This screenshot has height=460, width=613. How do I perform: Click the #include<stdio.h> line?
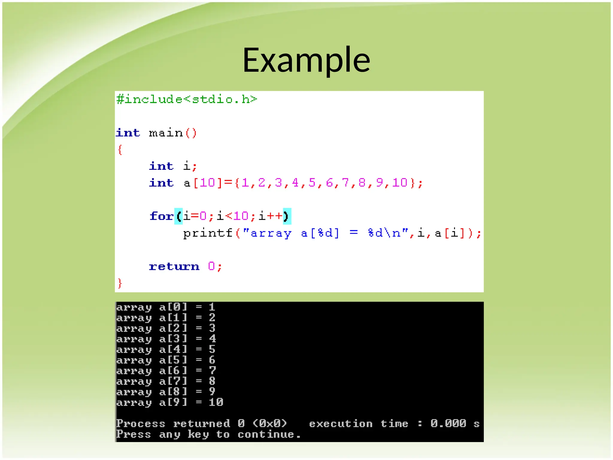tap(186, 99)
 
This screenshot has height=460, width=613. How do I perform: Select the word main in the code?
tap(166, 133)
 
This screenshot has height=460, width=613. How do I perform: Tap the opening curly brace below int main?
tap(120, 149)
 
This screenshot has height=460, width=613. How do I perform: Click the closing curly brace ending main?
tap(120, 283)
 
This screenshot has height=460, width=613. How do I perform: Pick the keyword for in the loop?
tap(161, 216)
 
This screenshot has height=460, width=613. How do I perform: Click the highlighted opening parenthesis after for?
tap(179, 216)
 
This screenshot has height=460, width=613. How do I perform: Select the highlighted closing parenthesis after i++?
tap(286, 216)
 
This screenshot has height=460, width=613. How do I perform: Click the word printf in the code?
tap(208, 233)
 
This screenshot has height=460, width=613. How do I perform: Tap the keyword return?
tap(174, 266)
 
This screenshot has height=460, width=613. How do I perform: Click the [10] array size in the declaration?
tap(207, 183)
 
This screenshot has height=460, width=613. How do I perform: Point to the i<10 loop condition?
tap(233, 216)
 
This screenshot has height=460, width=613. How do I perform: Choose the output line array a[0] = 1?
tap(166, 307)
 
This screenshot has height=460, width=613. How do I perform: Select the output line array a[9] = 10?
tap(170, 402)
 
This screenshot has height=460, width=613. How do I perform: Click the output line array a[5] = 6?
tap(166, 360)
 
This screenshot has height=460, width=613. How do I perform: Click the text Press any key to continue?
tap(208, 434)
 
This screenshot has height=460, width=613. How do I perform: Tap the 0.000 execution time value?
tap(448, 423)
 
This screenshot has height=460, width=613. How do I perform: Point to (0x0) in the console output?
tap(270, 423)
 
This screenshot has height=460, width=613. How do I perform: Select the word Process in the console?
tap(141, 423)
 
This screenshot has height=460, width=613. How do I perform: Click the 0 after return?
tap(211, 266)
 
